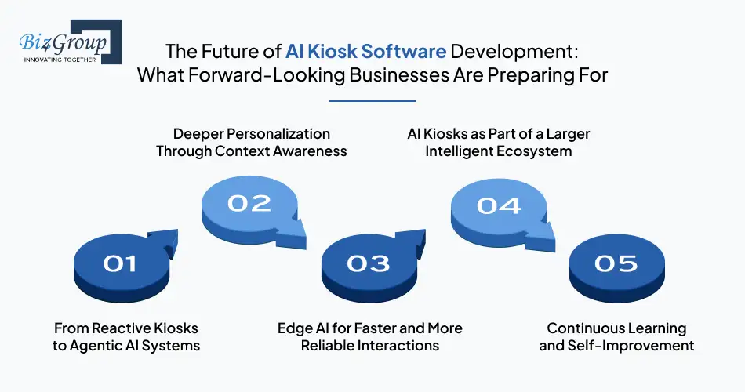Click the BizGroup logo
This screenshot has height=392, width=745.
pyautogui.click(x=67, y=42)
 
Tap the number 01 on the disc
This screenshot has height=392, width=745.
pyautogui.click(x=120, y=264)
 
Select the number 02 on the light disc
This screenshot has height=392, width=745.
pyautogui.click(x=249, y=204)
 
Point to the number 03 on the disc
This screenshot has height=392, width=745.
pyautogui.click(x=368, y=264)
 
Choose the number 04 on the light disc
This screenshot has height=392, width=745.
pyautogui.click(x=499, y=205)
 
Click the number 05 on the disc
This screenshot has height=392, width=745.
pyautogui.click(x=616, y=264)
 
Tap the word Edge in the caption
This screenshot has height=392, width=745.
pyautogui.click(x=296, y=328)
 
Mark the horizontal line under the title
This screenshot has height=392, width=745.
pyautogui.click(x=372, y=100)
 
